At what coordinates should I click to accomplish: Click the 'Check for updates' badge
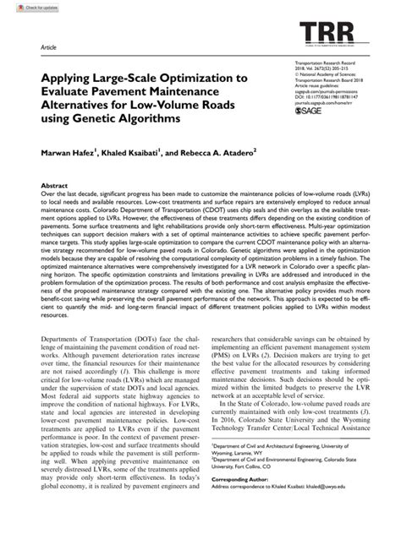point(23,7)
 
